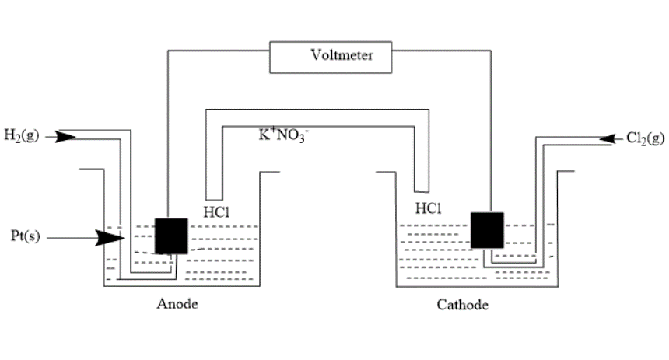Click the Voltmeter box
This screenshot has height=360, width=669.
tap(331, 55)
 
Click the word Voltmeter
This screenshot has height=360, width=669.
tap(342, 55)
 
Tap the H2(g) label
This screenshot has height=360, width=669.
tap(21, 137)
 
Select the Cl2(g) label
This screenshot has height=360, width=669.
tap(645, 138)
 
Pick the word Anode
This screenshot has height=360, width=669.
tap(177, 304)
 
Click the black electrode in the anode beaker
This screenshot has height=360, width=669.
tap(171, 236)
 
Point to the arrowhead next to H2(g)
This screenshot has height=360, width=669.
tap(66, 137)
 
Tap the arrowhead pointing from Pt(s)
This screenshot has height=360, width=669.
tap(110, 237)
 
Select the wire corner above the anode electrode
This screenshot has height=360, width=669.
tap(168, 50)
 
